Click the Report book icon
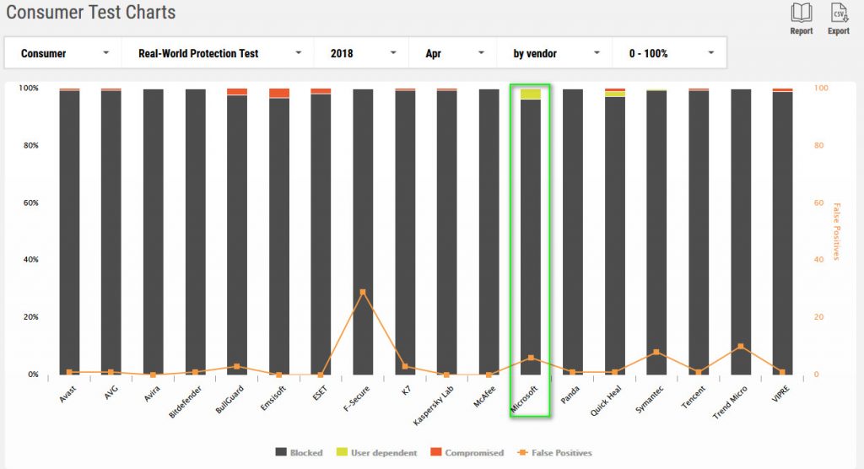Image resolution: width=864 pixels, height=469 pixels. pos(801,13)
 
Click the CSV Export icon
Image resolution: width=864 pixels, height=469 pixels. pos(838,13)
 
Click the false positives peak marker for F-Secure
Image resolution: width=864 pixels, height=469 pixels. pos(363,292)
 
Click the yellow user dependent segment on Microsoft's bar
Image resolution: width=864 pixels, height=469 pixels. pos(531,94)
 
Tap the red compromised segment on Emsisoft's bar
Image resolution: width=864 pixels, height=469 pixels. pos(279,93)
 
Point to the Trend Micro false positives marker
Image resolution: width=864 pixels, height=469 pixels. pos(740,347)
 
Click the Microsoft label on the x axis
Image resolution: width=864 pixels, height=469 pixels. pos(525,397)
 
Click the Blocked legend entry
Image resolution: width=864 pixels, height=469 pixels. pos(299,453)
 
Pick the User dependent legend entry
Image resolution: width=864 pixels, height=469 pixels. pos(381,453)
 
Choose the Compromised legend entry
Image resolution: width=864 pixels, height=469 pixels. pos(468,453)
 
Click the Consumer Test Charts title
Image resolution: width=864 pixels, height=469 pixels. pos(91,13)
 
